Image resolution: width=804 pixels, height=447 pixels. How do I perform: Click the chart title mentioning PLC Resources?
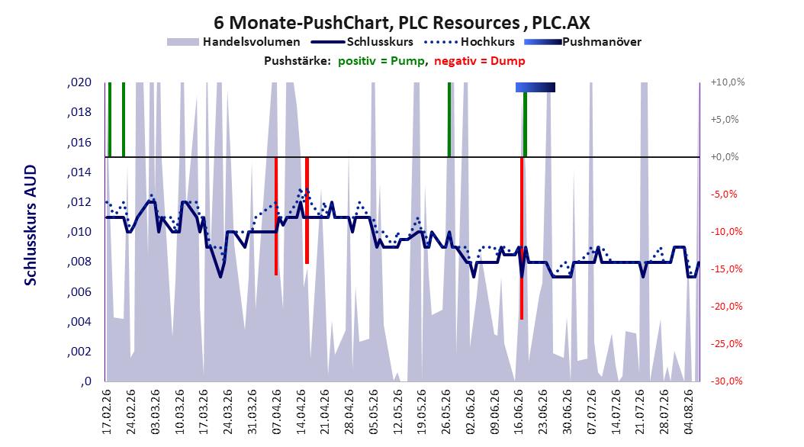401,23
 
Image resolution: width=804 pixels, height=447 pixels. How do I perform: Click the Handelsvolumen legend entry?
233,42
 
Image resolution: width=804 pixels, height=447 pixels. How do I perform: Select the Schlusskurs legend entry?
363,42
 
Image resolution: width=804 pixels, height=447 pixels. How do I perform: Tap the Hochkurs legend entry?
469,42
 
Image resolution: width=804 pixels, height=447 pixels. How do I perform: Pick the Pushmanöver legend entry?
583,42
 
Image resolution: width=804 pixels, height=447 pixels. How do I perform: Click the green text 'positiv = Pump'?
381,61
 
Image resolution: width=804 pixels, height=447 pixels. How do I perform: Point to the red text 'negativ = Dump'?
480,61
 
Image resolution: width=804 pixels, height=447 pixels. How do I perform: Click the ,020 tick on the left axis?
79,82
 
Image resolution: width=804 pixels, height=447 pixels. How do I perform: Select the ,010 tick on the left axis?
79,232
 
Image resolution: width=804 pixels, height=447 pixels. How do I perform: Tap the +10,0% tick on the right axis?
728,82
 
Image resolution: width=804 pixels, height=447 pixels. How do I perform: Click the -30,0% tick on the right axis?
726,381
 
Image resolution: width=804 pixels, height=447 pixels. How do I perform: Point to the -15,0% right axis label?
726,269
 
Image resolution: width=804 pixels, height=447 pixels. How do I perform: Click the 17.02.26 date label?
106,412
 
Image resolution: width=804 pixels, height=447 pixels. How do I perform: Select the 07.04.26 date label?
276,412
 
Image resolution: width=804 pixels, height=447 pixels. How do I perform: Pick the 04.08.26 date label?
688,412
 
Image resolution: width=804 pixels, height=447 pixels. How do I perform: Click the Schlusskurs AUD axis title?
31,225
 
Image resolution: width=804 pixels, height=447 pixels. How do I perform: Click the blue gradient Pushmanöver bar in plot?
535,87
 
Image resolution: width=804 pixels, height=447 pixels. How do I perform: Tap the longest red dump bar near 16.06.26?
522,238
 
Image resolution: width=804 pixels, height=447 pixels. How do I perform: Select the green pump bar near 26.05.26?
449,120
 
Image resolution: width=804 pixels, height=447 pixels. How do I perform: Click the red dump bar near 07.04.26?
276,217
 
